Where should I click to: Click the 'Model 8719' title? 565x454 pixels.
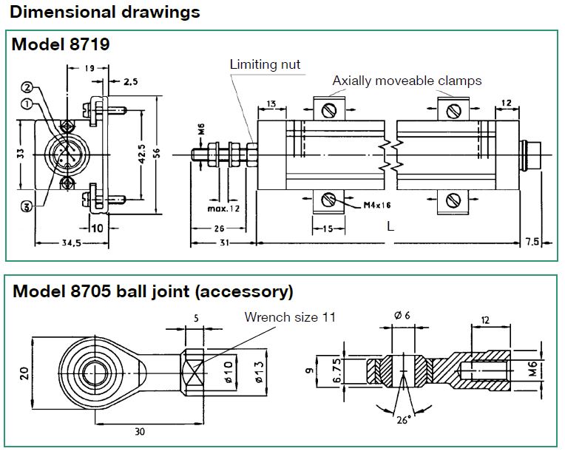point(61,44)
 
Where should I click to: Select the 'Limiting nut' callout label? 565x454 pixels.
point(265,64)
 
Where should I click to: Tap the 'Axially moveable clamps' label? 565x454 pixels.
point(407,81)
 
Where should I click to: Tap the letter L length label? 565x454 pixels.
point(390,226)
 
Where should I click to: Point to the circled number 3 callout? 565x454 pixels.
point(27,206)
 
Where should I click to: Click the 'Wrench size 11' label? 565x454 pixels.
point(291,317)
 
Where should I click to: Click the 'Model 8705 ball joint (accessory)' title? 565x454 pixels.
point(152,291)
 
